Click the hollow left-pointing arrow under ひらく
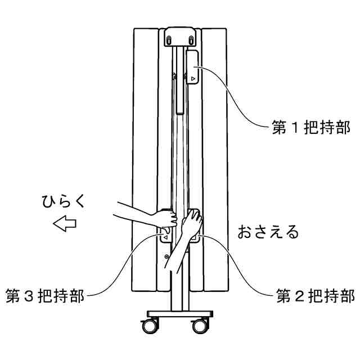click(64, 224)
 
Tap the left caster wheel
click(151, 326)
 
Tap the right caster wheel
click(199, 326)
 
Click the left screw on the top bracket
click(169, 39)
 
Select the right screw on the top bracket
click(192, 39)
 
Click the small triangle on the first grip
click(193, 79)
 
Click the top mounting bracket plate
click(181, 37)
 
